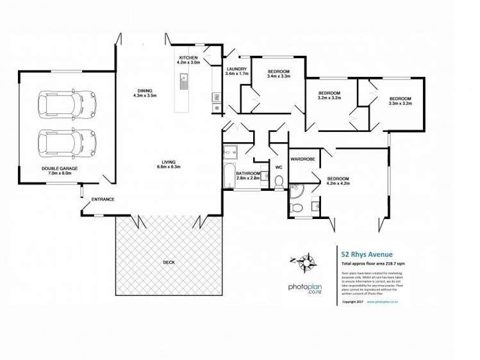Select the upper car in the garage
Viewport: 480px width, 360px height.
(x=67, y=104)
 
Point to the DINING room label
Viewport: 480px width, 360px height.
(x=145, y=93)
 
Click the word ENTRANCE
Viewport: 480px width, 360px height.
(x=103, y=199)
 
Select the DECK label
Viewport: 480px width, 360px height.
(x=169, y=262)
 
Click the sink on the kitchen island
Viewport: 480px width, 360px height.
(x=183, y=82)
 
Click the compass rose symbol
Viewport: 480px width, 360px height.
(x=306, y=261)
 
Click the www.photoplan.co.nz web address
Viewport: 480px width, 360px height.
(x=382, y=302)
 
